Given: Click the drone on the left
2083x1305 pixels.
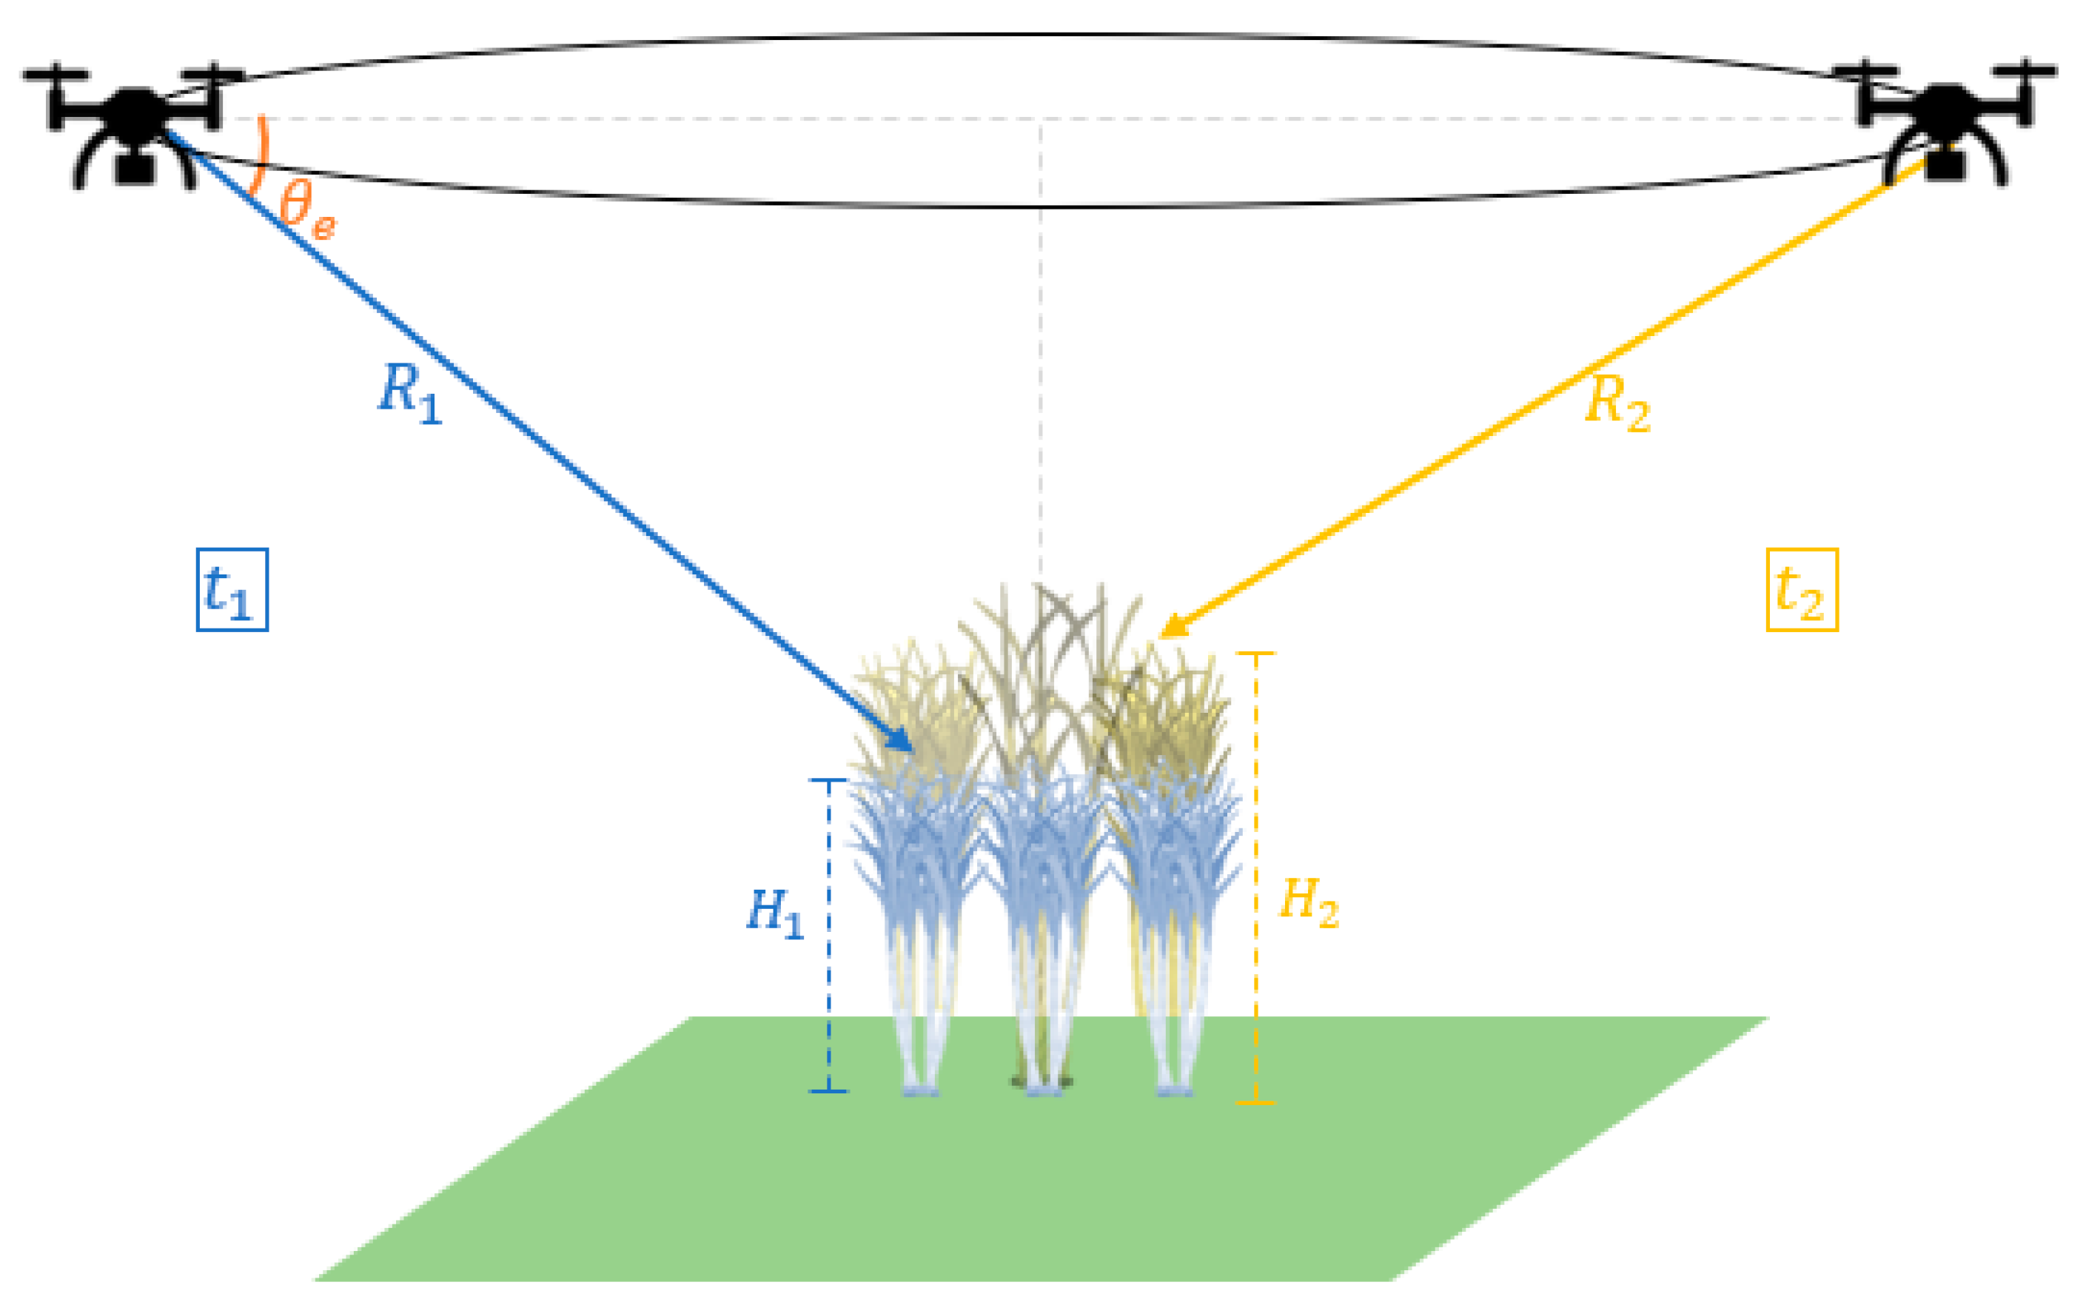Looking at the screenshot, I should pyautogui.click(x=134, y=121).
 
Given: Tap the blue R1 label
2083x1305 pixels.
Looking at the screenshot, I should pyautogui.click(x=411, y=394).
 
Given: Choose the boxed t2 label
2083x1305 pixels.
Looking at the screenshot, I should pyautogui.click(x=1802, y=591).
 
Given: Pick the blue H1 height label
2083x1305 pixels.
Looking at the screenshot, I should pyautogui.click(x=774, y=913).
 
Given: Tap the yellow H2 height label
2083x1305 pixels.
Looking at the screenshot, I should pyautogui.click(x=1308, y=901).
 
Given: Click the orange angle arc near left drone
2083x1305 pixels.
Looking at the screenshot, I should pyautogui.click(x=261, y=155).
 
